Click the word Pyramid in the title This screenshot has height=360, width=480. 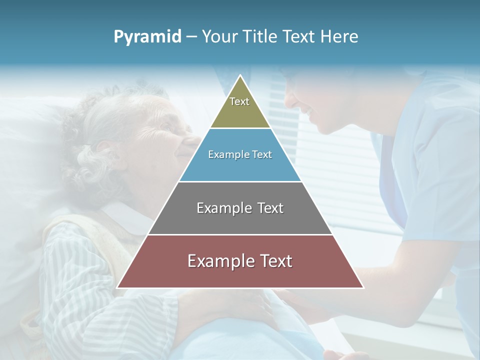coord(147,36)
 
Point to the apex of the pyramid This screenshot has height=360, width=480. coord(240,76)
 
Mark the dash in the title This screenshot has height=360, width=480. coord(191,36)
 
